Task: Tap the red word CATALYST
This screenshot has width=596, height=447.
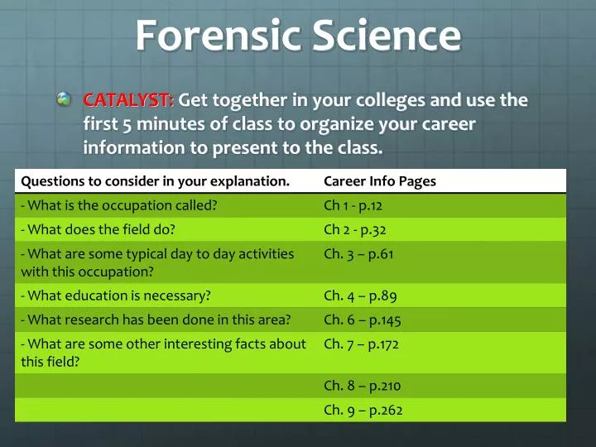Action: pos(128,101)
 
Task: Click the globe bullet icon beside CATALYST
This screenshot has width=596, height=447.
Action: pos(65,100)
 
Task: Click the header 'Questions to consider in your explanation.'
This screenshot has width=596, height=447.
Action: pos(155,181)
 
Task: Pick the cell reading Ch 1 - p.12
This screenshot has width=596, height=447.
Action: pos(353,205)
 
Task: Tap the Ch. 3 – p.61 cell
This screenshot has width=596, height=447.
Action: pos(358,254)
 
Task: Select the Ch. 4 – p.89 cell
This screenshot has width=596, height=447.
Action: pos(359,295)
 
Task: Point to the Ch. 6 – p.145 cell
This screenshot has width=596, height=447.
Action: pos(362,320)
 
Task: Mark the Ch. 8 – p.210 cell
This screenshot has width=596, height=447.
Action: pos(362,385)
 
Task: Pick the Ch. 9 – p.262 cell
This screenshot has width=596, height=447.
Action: pos(363,409)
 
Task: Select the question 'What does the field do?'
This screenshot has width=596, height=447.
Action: pos(98,229)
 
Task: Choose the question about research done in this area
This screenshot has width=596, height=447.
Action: pos(156,320)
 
